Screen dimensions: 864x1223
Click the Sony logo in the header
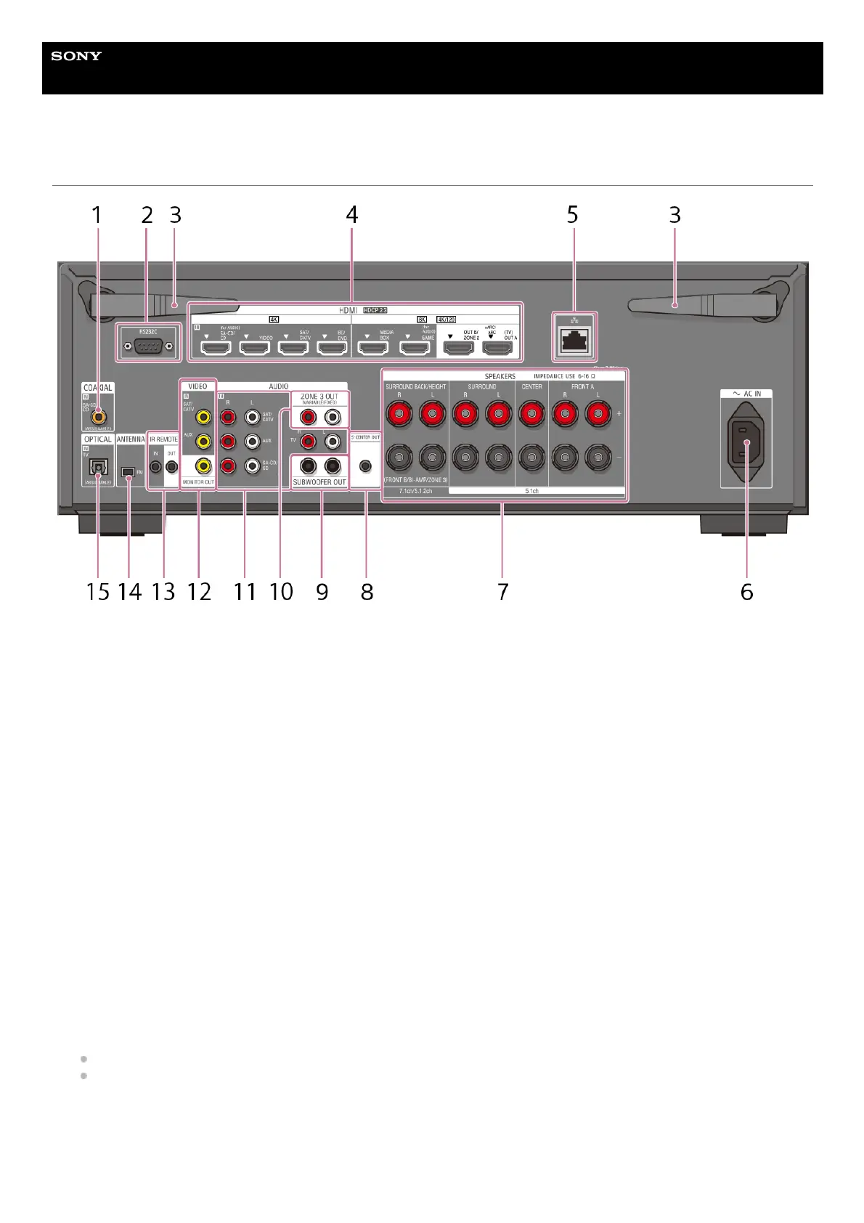coord(76,56)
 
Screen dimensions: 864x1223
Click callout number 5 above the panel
coord(572,215)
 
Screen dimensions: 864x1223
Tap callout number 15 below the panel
coord(97,592)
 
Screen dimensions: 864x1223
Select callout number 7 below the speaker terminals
coord(502,592)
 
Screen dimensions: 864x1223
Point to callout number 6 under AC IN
coord(746,592)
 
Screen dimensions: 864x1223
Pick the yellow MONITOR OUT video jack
coord(204,466)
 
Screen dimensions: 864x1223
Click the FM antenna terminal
coord(129,472)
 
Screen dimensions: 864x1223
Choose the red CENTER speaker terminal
coord(532,415)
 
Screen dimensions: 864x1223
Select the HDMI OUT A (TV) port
coord(497,348)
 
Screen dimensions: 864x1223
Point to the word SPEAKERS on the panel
coord(500,377)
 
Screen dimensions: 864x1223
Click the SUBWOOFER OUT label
coord(319,482)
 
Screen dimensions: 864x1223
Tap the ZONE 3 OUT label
coord(319,397)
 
